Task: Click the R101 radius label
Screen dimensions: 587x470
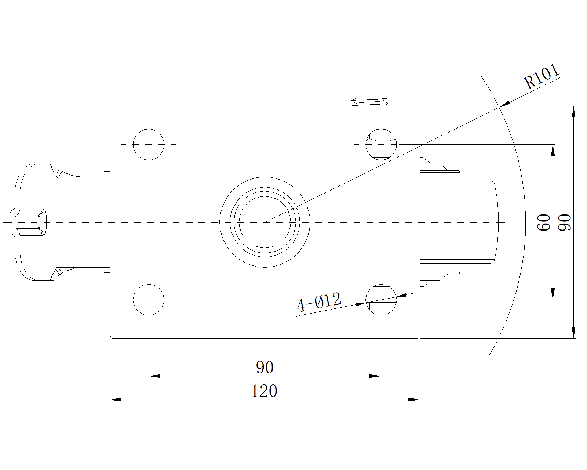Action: tap(542, 77)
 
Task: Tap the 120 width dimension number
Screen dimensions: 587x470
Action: tap(264, 391)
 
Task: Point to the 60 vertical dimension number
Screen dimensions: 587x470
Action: tap(544, 222)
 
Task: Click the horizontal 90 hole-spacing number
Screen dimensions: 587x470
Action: tap(265, 368)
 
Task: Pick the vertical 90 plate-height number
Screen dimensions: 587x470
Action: tap(565, 222)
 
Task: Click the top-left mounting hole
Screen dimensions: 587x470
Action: tap(149, 144)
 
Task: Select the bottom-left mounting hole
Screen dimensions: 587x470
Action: tap(149, 300)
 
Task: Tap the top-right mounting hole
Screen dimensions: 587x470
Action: tap(381, 144)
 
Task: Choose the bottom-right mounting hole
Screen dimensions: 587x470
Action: tap(381, 300)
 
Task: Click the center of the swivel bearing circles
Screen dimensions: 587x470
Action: tap(265, 222)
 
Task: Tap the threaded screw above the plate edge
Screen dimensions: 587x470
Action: tap(369, 102)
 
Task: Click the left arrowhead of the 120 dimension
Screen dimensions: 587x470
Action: tap(116, 399)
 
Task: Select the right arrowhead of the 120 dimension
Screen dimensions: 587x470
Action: tap(414, 399)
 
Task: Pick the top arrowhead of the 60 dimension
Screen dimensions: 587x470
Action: tap(553, 150)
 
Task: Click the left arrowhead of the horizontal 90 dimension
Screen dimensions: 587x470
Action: tap(154, 376)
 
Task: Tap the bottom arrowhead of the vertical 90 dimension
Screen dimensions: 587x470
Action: tap(574, 332)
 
